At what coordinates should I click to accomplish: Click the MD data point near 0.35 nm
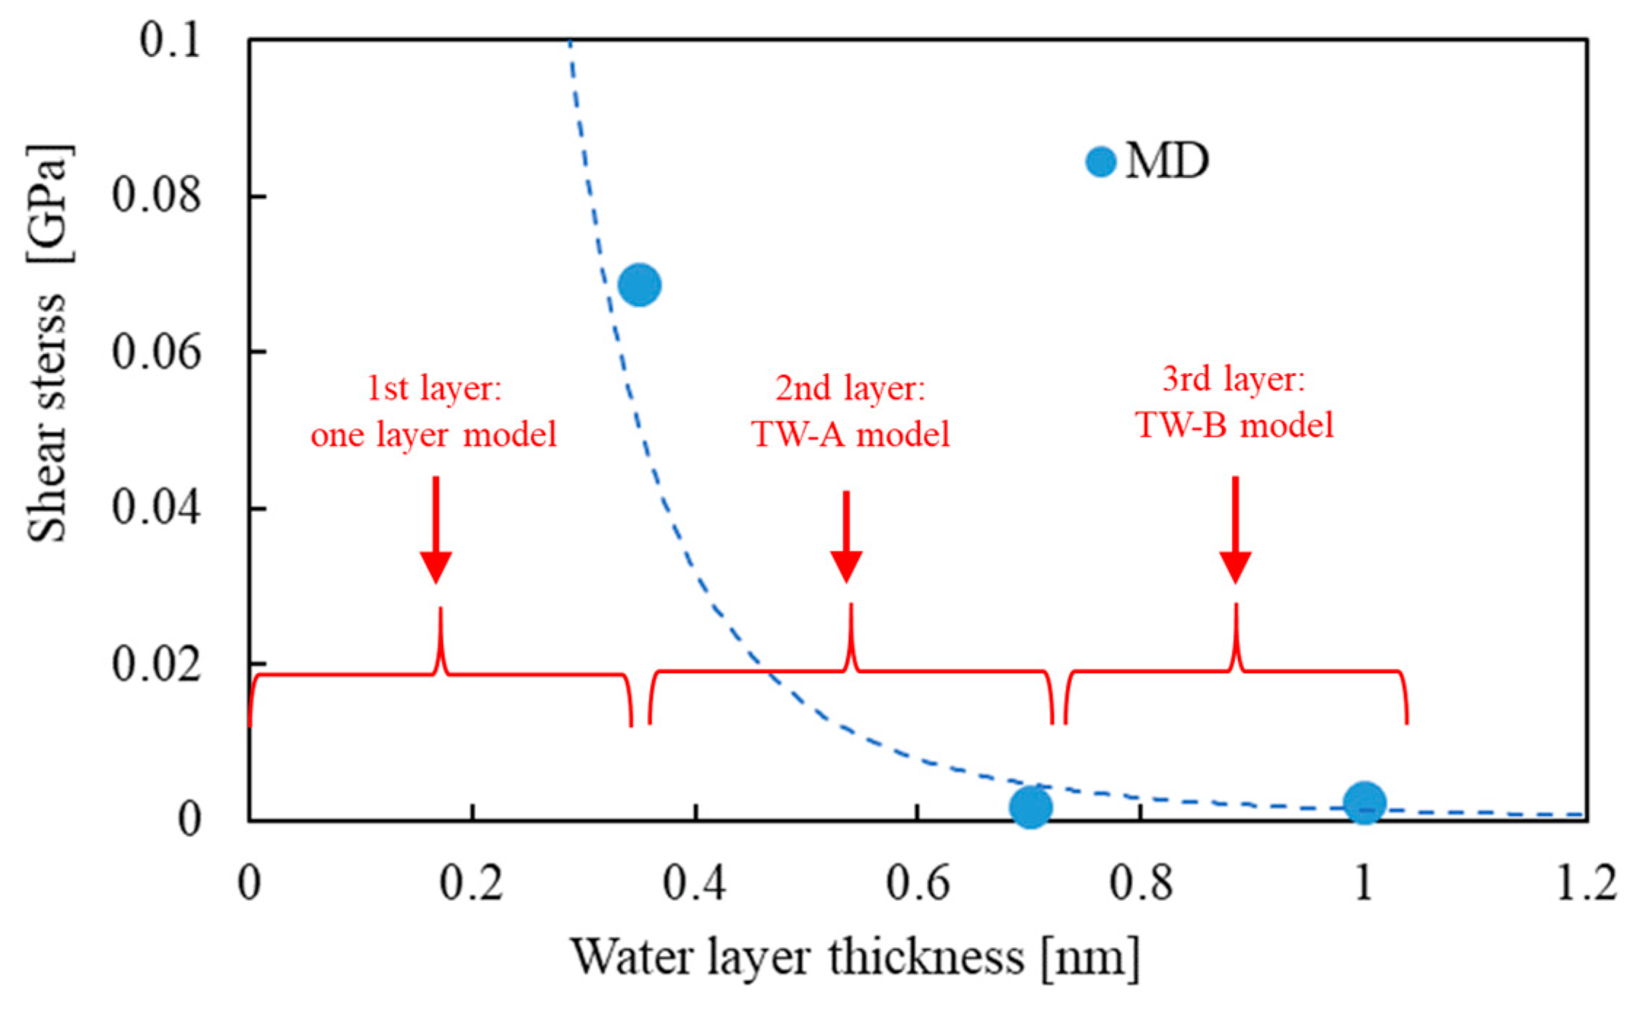639,285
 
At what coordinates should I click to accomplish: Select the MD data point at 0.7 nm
1030,807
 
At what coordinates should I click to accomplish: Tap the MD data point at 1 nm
1364,803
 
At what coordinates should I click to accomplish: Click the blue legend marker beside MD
1100,162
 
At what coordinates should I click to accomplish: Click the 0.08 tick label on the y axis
156,196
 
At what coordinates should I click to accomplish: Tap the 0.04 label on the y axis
156,508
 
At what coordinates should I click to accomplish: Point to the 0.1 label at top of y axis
170,40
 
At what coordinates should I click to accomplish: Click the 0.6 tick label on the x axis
917,884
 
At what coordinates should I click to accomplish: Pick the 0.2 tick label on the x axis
471,884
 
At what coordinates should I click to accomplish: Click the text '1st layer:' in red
434,388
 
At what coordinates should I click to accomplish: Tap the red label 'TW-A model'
851,435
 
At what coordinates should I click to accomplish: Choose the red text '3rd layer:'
1234,379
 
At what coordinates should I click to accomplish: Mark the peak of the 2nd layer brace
850,606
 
